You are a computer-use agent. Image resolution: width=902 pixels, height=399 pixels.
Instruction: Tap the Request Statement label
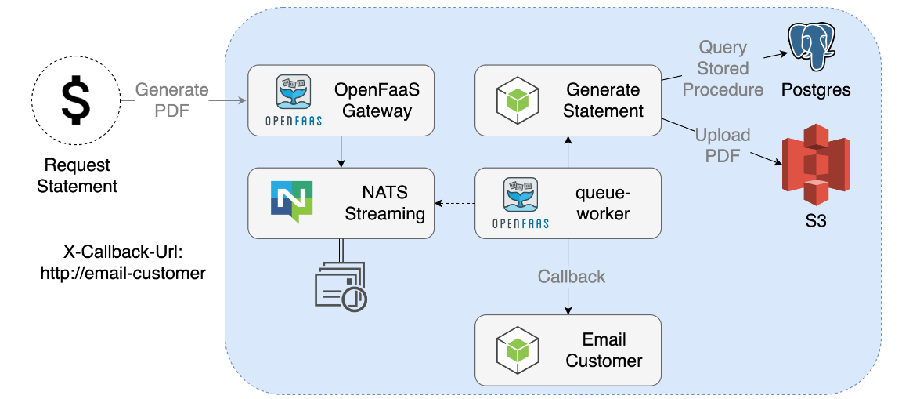click(77, 176)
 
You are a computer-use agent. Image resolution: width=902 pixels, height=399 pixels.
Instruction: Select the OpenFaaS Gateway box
click(341, 100)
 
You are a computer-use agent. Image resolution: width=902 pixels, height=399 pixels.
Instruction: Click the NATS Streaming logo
click(291, 202)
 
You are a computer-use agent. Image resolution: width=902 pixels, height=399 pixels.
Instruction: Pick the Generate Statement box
click(568, 100)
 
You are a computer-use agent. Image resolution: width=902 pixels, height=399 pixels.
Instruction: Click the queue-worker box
click(568, 202)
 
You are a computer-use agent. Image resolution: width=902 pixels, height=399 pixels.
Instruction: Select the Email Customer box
click(568, 350)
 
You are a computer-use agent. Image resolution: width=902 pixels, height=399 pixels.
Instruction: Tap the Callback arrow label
click(572, 277)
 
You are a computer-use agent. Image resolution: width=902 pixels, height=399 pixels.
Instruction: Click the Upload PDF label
click(723, 145)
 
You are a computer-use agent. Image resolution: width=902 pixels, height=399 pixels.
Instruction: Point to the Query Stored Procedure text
click(723, 69)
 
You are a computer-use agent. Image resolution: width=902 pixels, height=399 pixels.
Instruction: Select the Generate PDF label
click(172, 100)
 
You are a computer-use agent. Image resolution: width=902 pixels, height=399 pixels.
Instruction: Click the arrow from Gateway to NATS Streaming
click(341, 151)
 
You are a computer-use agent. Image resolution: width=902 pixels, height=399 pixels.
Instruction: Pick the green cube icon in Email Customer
click(518, 350)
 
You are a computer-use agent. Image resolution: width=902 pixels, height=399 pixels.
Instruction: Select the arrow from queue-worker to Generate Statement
click(568, 151)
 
